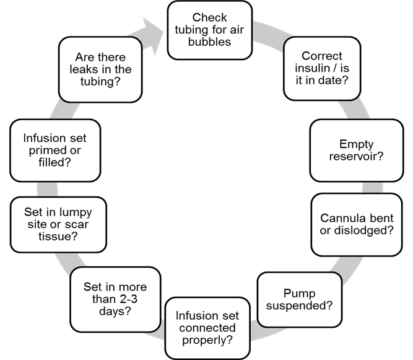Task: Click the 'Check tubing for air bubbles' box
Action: [210, 30]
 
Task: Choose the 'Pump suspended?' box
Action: [298, 299]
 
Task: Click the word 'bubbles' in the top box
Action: [210, 42]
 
